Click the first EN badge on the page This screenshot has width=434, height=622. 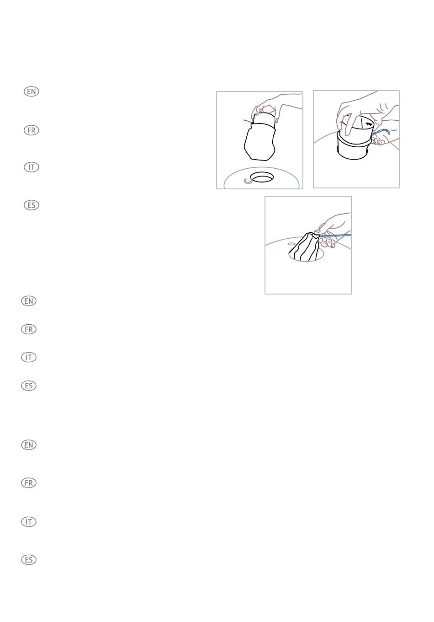pyautogui.click(x=32, y=91)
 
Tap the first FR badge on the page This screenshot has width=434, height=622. pyautogui.click(x=32, y=130)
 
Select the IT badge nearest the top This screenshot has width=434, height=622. pyautogui.click(x=32, y=167)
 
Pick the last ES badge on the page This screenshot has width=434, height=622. pyautogui.click(x=29, y=560)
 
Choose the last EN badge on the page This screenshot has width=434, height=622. pyautogui.click(x=29, y=445)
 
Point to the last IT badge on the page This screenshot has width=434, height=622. pyautogui.click(x=29, y=522)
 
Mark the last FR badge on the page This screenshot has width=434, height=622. pyautogui.click(x=29, y=483)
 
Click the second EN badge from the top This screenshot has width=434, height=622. pyautogui.click(x=29, y=301)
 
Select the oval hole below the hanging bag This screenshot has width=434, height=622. pyautogui.click(x=261, y=177)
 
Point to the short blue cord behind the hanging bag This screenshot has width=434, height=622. pyautogui.click(x=248, y=121)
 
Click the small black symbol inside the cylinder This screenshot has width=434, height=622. pyautogui.click(x=368, y=124)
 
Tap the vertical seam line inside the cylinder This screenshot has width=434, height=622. pyautogui.click(x=361, y=124)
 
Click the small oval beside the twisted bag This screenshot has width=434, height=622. pyautogui.click(x=292, y=244)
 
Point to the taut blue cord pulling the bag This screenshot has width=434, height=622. pyautogui.click(x=335, y=236)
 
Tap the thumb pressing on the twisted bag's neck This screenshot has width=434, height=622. pyautogui.click(x=318, y=231)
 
